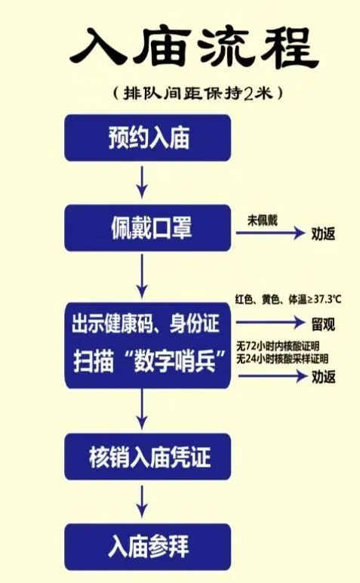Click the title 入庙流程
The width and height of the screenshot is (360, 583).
tap(194, 48)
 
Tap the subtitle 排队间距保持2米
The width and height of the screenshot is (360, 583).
tap(198, 93)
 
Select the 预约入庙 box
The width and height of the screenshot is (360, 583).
tap(147, 137)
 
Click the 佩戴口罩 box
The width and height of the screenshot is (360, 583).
tap(147, 227)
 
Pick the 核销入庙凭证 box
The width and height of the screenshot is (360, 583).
tap(147, 457)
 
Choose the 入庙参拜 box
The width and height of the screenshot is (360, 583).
tap(147, 547)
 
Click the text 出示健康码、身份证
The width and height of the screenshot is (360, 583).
tap(145, 323)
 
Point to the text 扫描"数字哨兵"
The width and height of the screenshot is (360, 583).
tap(149, 360)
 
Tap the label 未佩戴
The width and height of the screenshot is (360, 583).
tap(263, 221)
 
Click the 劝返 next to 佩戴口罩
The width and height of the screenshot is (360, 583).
tap(323, 233)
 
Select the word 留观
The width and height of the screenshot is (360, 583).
tap(323, 324)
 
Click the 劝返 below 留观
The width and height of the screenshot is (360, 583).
tap(323, 377)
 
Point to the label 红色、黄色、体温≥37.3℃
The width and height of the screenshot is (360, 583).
tap(288, 299)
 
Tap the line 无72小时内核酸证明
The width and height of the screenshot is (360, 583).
tap(278, 347)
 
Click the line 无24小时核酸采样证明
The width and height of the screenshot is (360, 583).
tap(282, 359)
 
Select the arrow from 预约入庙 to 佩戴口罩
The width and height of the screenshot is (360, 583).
tap(142, 183)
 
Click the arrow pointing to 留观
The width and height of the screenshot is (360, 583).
tap(271, 322)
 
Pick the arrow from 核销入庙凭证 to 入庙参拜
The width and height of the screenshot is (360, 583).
tap(142, 501)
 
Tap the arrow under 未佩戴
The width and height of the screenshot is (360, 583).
tap(270, 233)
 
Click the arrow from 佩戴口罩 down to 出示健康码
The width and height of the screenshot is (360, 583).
tap(142, 276)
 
